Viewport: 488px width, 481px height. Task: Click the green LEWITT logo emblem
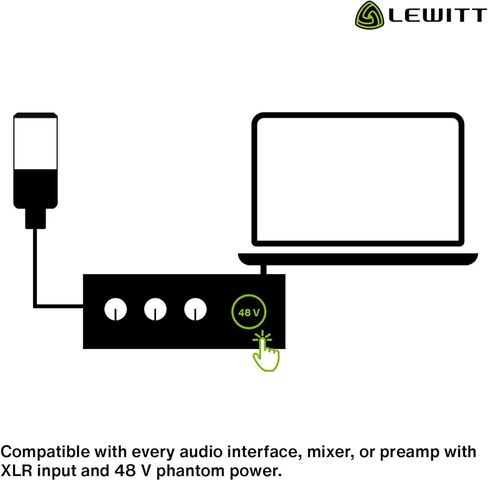(x=369, y=15)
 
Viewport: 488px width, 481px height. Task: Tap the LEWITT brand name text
(x=437, y=16)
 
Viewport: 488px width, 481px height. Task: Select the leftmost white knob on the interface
(x=115, y=309)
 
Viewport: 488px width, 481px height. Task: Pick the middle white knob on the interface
(x=155, y=309)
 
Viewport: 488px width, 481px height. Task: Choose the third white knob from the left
(x=195, y=309)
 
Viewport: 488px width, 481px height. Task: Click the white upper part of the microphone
(x=35, y=143)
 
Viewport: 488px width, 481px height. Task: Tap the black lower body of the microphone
(x=35, y=189)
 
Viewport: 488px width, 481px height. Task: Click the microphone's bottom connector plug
(x=35, y=219)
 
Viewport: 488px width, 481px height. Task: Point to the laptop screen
(x=358, y=179)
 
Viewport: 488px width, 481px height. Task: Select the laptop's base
(x=358, y=259)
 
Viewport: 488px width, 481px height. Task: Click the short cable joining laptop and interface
(x=263, y=270)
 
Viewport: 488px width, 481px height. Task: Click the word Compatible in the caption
(x=46, y=452)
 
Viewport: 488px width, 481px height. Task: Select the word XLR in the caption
(x=17, y=471)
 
